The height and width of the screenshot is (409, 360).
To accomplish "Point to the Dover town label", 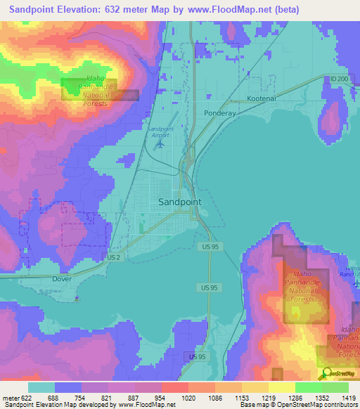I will coord(63,278).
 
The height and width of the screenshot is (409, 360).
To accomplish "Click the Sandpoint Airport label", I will coord(160,133).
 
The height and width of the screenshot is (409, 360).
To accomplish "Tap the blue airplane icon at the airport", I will coord(160,145).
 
